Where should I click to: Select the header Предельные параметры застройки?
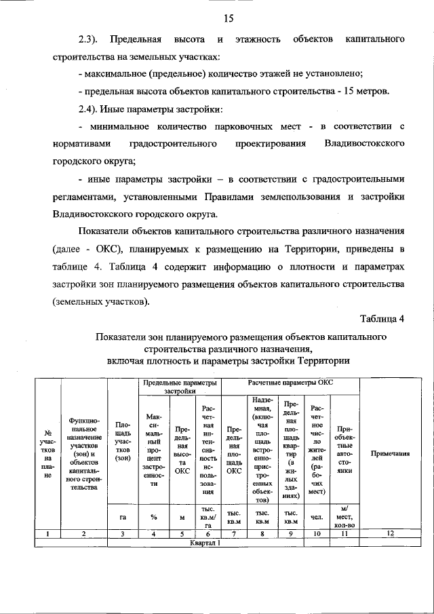pos(180,387)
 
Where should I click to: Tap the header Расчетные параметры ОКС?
pos(290,383)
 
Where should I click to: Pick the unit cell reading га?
pos(123,517)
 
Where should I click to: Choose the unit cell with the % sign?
pos(154,517)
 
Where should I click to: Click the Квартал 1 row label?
pos(206,543)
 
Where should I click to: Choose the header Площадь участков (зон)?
pos(123,444)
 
